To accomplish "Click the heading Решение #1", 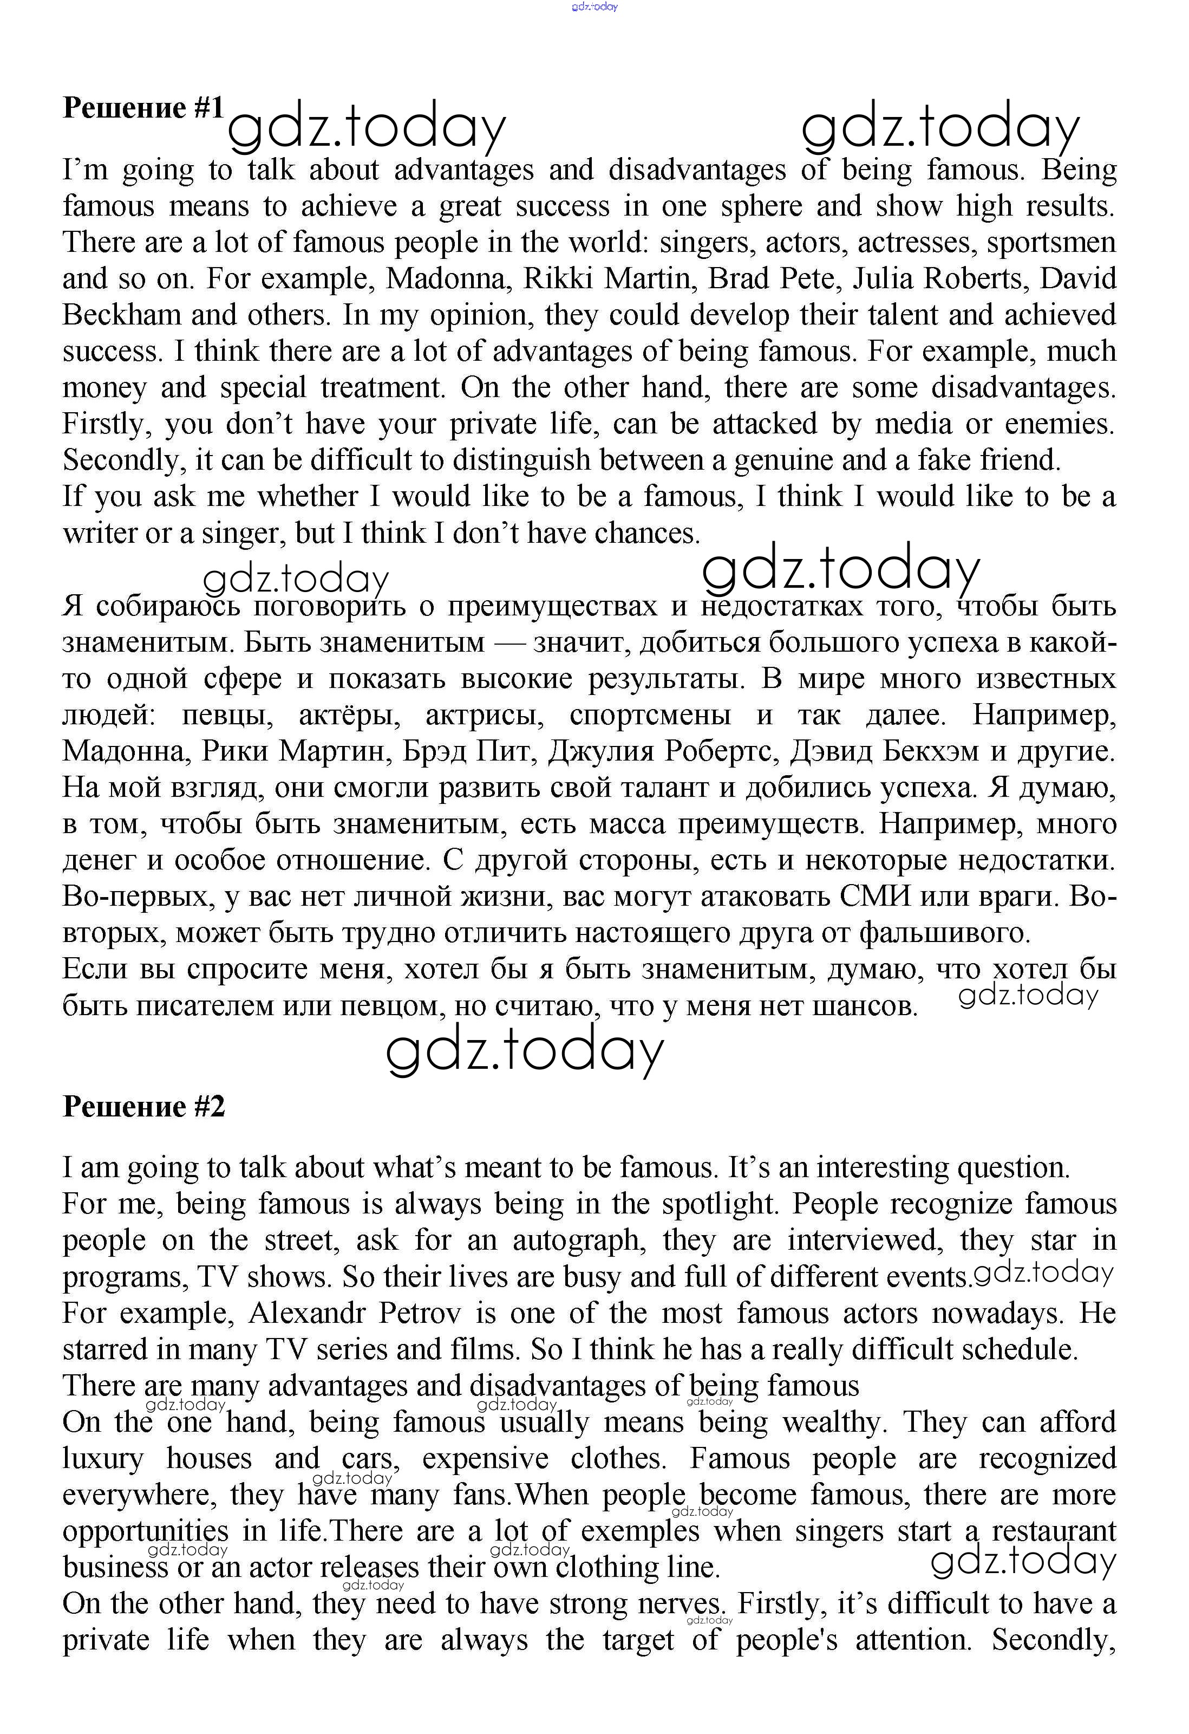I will click(143, 108).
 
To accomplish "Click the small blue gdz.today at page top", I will click(594, 7).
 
